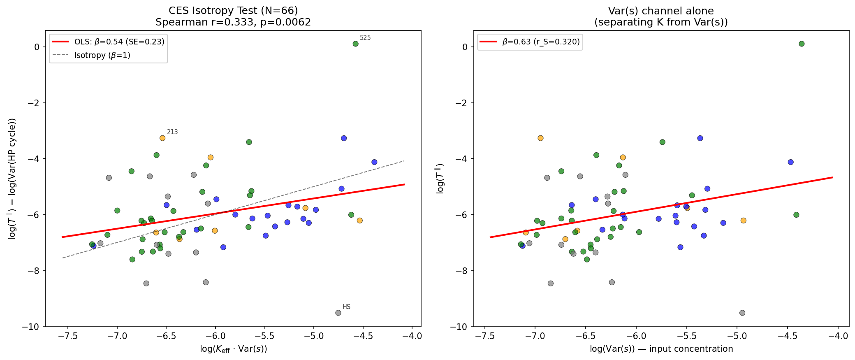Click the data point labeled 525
355,44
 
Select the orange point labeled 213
162,138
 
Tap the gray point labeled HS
338,313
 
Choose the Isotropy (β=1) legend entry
102,56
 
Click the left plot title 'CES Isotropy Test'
233,11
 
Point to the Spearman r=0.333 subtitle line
233,22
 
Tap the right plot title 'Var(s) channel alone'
661,11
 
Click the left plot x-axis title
233,349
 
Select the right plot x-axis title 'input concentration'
661,349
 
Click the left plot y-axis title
12,179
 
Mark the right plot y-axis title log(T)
440,179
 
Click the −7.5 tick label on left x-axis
68,336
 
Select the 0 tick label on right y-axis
465,47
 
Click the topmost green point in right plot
802,44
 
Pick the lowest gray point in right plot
742,313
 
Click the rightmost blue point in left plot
374,162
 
